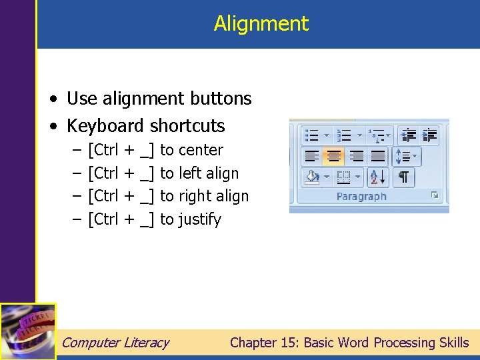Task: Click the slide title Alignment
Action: (261, 24)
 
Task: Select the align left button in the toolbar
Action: (311, 157)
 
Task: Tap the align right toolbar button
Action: (357, 157)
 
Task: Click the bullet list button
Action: (311, 135)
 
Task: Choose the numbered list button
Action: (345, 135)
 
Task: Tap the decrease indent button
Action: (409, 135)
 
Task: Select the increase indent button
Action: (430, 135)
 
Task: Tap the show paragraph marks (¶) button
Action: (403, 177)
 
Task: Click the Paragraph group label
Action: (361, 197)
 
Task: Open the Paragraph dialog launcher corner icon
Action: (435, 196)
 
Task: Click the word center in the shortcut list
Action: (201, 151)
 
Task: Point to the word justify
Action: (199, 219)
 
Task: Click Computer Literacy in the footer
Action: (115, 343)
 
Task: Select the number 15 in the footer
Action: (291, 343)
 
